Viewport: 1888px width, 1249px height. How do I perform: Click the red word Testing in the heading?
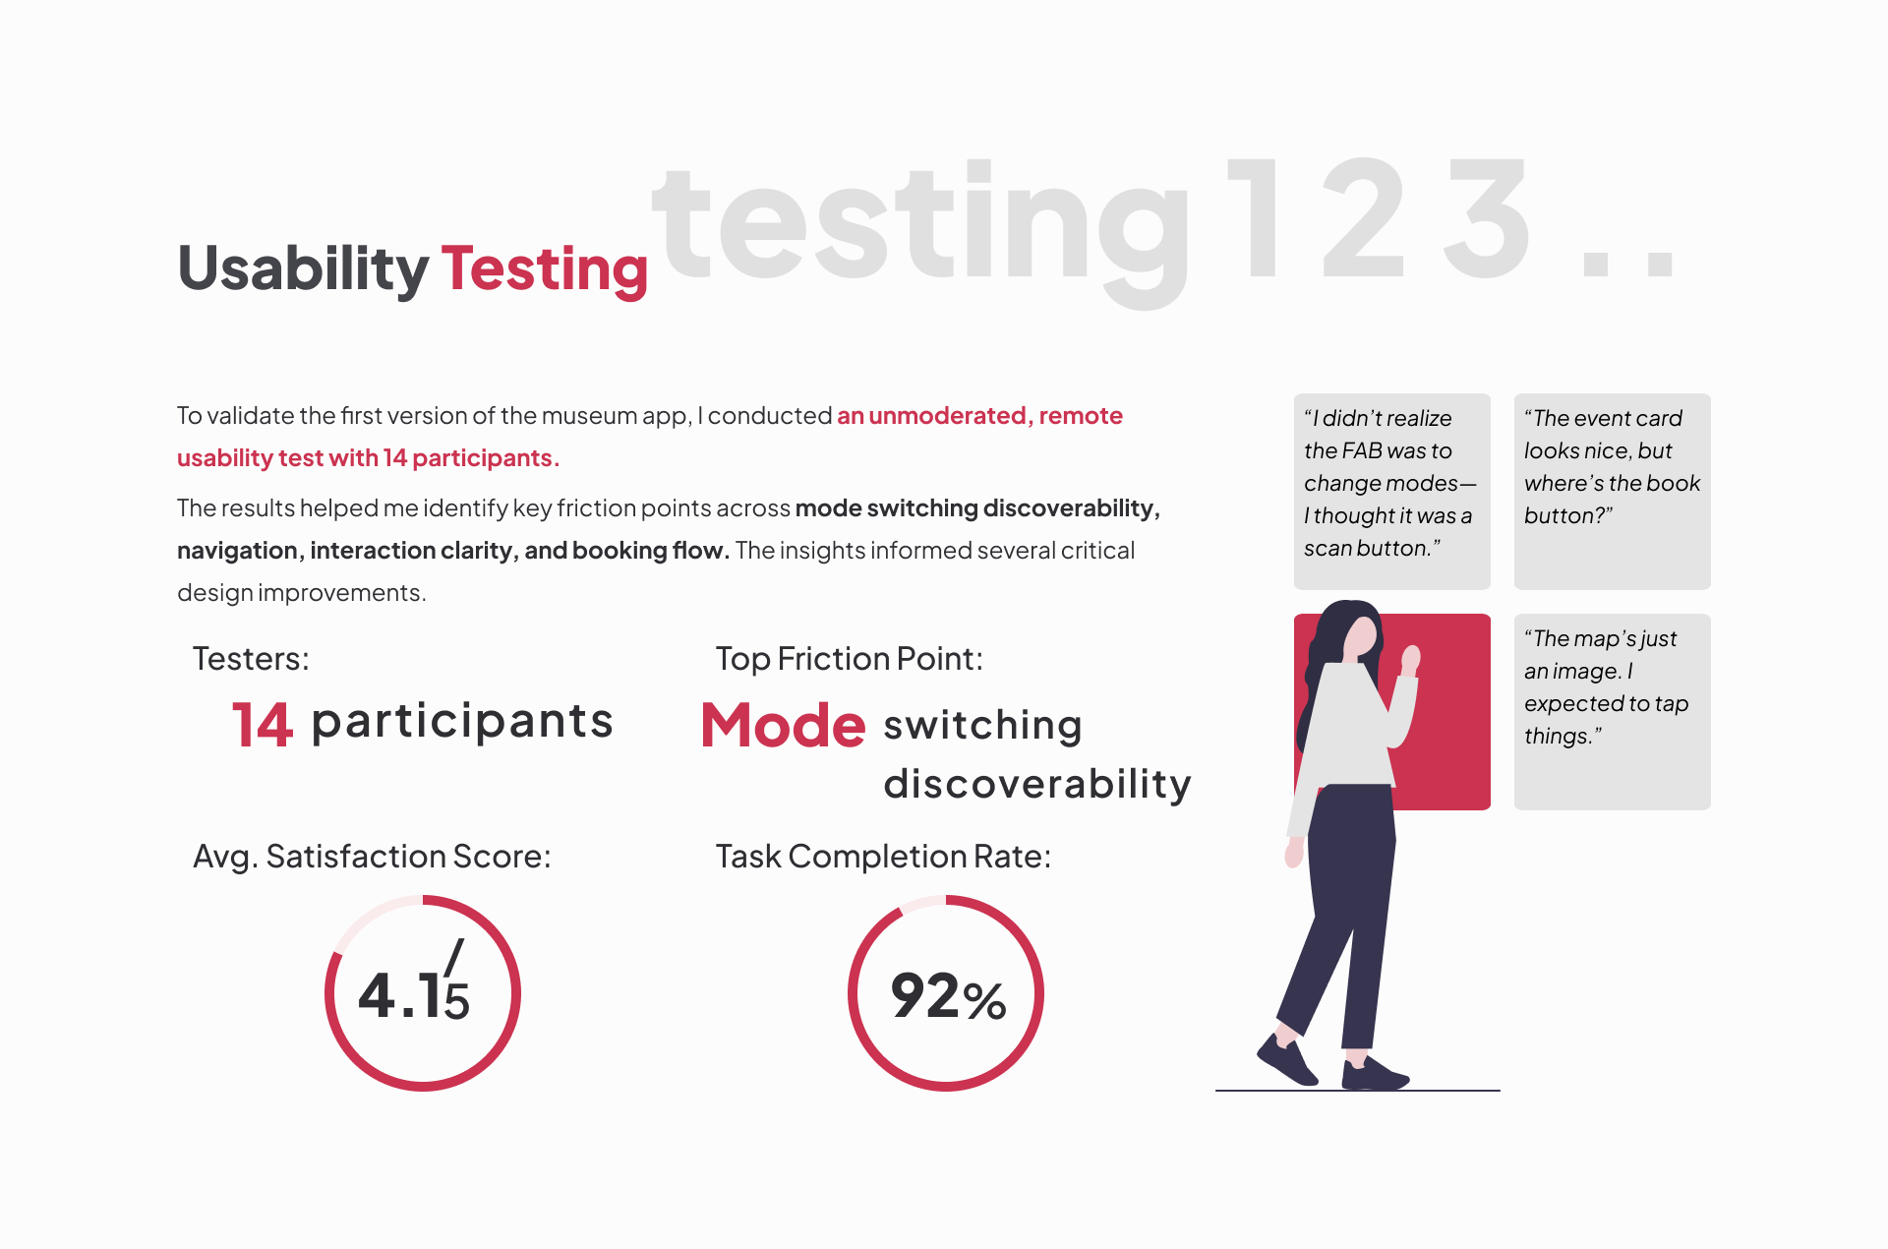tap(545, 268)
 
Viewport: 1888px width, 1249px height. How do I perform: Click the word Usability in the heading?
tap(303, 268)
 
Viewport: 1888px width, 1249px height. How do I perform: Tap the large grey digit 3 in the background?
tap(1486, 218)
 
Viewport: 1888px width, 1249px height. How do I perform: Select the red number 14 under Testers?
tap(263, 725)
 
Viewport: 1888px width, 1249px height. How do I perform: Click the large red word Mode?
tap(784, 726)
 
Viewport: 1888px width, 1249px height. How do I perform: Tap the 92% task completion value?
tap(948, 995)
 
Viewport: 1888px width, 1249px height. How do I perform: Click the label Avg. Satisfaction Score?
tap(372, 857)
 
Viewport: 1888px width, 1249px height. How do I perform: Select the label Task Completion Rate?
tap(883, 857)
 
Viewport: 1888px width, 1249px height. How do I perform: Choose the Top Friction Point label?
tap(850, 659)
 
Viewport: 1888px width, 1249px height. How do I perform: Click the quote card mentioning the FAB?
tap(1392, 492)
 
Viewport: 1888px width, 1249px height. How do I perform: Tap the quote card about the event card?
tap(1613, 492)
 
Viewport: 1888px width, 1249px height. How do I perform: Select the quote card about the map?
tap(1613, 712)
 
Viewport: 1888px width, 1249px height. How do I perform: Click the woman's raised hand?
tap(1411, 659)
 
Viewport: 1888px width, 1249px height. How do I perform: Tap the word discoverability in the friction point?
tap(1037, 784)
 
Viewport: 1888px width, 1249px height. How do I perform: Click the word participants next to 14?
tap(462, 723)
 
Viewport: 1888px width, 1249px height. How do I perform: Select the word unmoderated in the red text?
tap(948, 416)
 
